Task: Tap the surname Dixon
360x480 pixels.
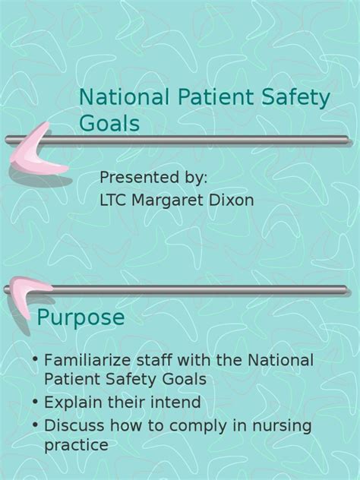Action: [x=232, y=200]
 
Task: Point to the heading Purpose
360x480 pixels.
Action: [x=81, y=318]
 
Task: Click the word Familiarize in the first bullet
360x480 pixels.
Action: [x=87, y=360]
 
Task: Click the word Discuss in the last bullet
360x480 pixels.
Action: [x=74, y=425]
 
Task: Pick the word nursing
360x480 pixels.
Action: [x=282, y=427]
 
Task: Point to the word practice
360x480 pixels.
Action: [x=76, y=445]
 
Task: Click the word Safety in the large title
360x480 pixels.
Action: [x=295, y=98]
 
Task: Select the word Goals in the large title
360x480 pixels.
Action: [x=109, y=123]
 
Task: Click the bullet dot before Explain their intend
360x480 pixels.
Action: [x=36, y=401]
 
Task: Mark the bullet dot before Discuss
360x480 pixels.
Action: [x=36, y=425]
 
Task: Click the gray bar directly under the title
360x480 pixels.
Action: [x=177, y=141]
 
